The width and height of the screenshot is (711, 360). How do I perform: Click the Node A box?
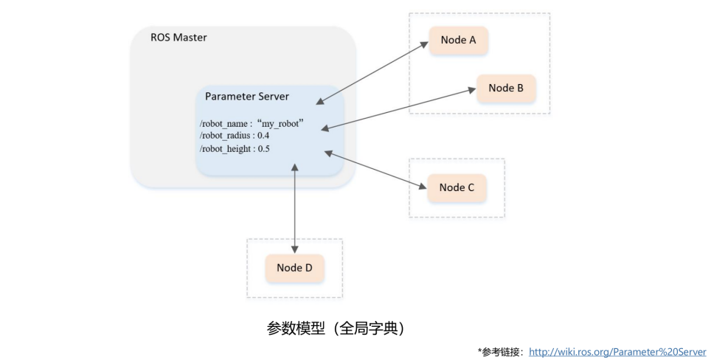(x=458, y=41)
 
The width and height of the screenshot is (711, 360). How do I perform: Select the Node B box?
(x=505, y=89)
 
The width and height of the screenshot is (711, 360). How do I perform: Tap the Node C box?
(x=457, y=187)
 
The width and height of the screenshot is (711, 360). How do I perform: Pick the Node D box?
(x=294, y=268)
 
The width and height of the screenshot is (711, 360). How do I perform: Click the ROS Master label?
(x=178, y=37)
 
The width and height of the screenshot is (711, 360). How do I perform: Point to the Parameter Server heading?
(x=247, y=97)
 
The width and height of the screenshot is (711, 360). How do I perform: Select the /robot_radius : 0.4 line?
(x=234, y=136)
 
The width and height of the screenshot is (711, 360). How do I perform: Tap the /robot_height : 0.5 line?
(x=235, y=149)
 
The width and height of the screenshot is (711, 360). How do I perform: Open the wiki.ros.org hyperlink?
(x=617, y=351)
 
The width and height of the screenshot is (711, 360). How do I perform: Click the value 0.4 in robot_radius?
(x=263, y=136)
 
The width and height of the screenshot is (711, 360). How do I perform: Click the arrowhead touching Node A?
(x=426, y=44)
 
